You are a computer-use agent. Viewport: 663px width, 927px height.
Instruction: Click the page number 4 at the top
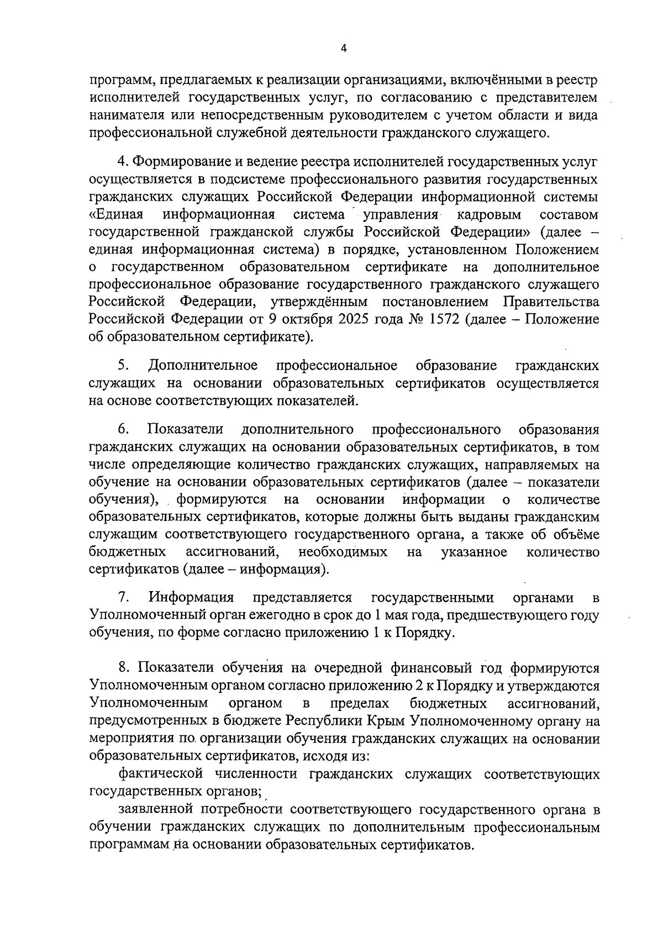tap(344, 49)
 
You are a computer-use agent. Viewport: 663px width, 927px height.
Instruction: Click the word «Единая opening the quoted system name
tap(117, 213)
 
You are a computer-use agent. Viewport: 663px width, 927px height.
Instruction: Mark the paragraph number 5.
tap(124, 366)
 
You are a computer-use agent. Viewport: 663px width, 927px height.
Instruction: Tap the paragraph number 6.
tap(124, 429)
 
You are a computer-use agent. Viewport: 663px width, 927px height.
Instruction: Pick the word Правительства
tap(551, 302)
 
